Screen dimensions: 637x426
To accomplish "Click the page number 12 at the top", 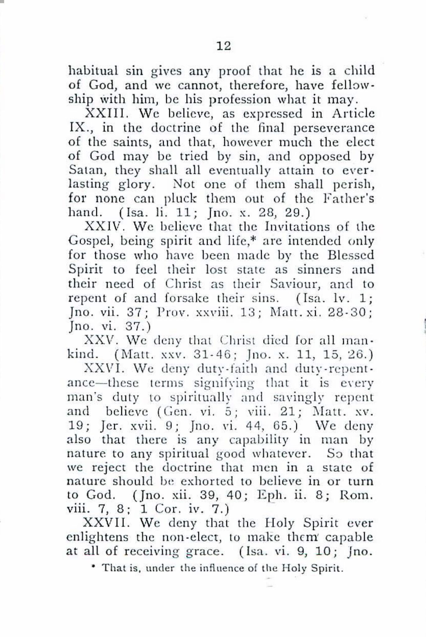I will coord(223,46).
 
